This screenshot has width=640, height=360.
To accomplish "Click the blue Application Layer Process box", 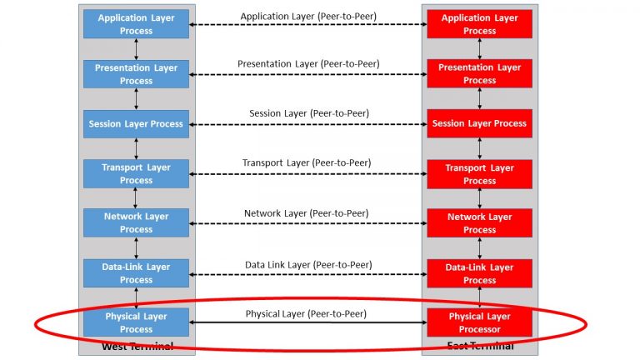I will [136, 24].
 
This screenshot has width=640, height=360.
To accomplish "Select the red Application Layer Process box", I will [479, 24].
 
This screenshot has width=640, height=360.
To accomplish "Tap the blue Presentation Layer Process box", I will [136, 74].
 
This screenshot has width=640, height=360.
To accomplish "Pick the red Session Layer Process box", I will [479, 123].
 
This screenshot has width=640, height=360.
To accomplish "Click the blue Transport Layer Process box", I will [136, 173].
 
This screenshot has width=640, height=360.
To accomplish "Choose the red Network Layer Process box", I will [479, 223].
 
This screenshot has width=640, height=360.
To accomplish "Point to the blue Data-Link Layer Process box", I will [136, 273].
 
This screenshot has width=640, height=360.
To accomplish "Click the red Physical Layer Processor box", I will [479, 322].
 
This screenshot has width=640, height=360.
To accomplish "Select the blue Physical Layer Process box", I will [136, 322].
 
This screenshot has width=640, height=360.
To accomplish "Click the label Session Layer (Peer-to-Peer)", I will [308, 113].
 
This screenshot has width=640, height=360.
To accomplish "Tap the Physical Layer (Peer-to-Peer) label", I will [306, 314].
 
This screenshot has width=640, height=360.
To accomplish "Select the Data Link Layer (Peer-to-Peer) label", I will [308, 265].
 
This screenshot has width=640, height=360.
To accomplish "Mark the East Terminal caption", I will [479, 346].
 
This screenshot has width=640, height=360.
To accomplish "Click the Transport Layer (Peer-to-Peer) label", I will [307, 162].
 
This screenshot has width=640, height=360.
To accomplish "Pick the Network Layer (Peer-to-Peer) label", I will [307, 213].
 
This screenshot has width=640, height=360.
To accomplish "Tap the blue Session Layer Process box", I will [136, 123].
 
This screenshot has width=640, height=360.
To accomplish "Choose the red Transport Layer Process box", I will [479, 173].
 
